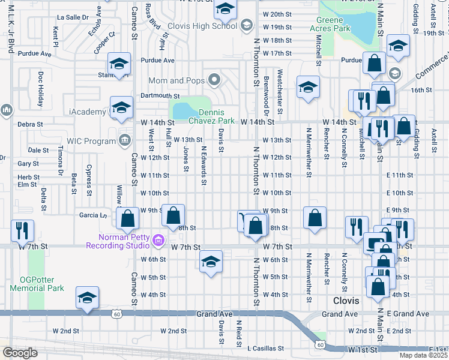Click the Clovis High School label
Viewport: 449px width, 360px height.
tap(202, 26)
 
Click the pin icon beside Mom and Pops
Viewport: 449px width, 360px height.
tap(213, 80)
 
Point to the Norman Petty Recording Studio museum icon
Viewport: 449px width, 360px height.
tap(158, 241)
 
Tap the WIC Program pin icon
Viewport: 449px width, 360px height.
tap(124, 141)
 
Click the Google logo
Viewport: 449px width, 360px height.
tap(20, 353)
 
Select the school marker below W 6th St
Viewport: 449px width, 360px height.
tap(211, 262)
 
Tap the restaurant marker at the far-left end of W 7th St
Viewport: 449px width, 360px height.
tap(22, 231)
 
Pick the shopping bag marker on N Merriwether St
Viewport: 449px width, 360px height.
tap(315, 218)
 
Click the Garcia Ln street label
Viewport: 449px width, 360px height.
tap(93, 214)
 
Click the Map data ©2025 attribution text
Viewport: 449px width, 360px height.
tap(423, 355)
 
